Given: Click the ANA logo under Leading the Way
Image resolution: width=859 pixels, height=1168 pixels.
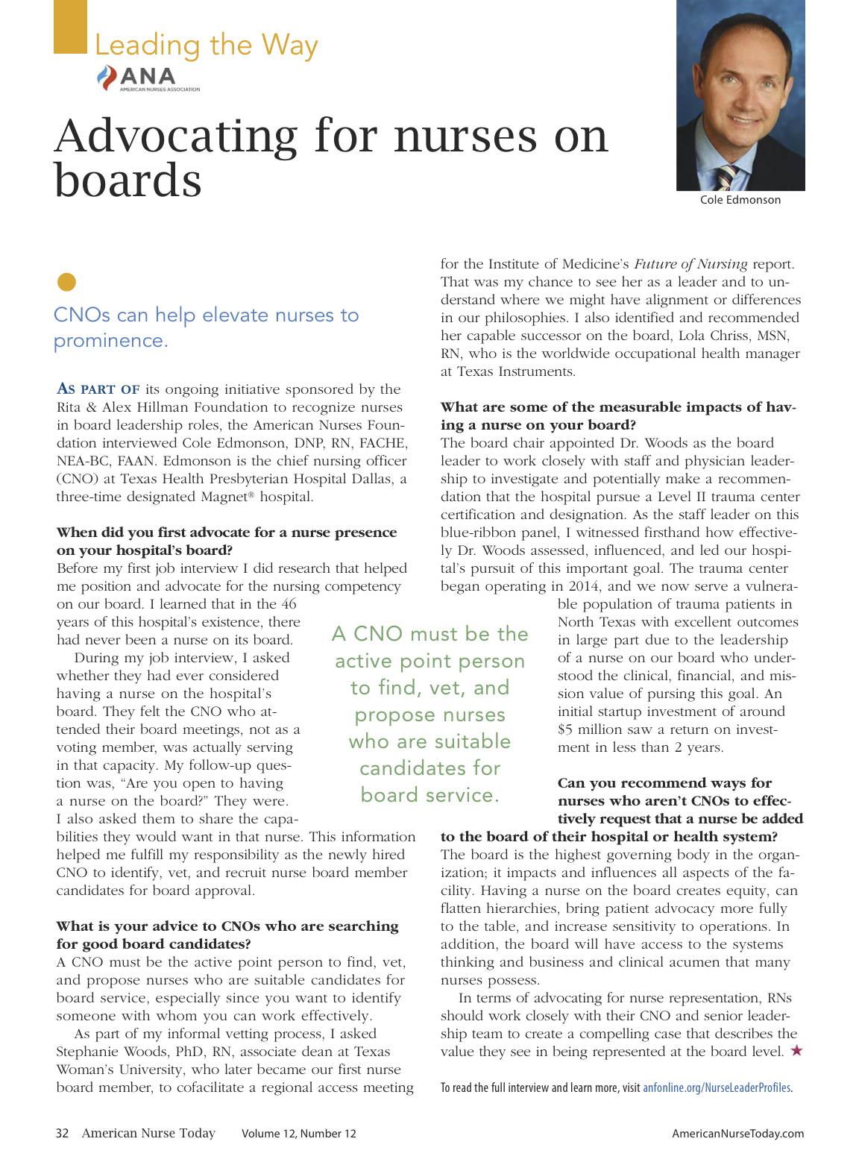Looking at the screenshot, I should pyautogui.click(x=148, y=78).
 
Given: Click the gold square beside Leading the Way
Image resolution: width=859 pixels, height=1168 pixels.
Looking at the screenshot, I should pyautogui.click(x=70, y=27).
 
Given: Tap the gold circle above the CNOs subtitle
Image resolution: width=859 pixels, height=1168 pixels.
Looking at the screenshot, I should pyautogui.click(x=66, y=282).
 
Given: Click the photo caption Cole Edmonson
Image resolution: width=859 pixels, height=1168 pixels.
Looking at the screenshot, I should pyautogui.click(x=740, y=200).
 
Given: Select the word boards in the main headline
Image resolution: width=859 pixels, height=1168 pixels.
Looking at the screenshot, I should pyautogui.click(x=128, y=180).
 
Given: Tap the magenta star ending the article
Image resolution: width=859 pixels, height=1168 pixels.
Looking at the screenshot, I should pyautogui.click(x=796, y=1051).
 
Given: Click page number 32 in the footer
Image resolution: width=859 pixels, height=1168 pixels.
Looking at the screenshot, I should pyautogui.click(x=63, y=1134).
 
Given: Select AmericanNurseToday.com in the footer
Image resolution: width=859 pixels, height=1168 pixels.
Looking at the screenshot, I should pyautogui.click(x=737, y=1134).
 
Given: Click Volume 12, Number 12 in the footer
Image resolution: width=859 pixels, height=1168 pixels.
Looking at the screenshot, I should pyautogui.click(x=298, y=1134).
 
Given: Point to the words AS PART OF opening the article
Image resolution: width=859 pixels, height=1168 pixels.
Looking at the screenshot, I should pyautogui.click(x=98, y=389).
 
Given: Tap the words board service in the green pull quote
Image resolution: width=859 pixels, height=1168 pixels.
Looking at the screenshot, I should pyautogui.click(x=429, y=795).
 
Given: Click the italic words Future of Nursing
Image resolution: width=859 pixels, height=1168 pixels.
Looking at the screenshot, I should pyautogui.click(x=690, y=264).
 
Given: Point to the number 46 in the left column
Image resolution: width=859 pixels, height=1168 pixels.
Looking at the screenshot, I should pyautogui.click(x=289, y=604).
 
